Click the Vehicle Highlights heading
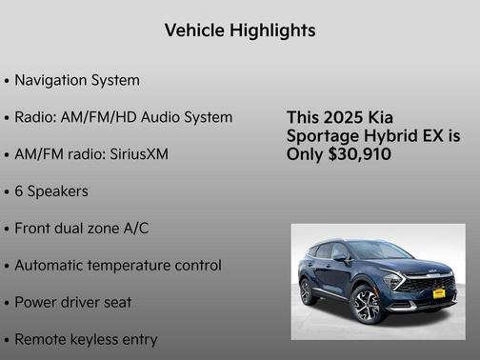click(240, 30)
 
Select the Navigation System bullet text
click(77, 80)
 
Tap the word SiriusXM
click(136, 153)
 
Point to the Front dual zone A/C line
click(82, 228)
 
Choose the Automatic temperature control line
click(118, 265)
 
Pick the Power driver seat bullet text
click(73, 302)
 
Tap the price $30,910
click(358, 154)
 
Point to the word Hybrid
click(393, 136)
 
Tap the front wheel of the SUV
click(366, 305)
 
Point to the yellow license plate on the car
click(438, 293)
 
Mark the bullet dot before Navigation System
click(8, 81)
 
